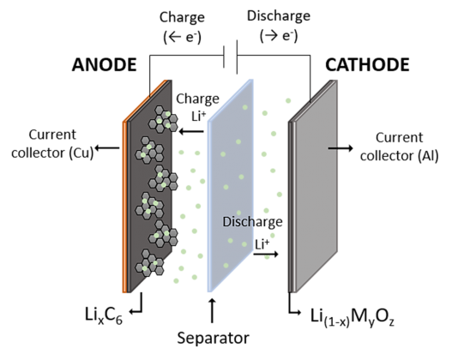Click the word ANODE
tap(104, 65)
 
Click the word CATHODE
tap(367, 65)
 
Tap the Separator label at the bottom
tap(213, 338)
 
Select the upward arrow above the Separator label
tap(212, 311)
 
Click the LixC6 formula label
tap(104, 315)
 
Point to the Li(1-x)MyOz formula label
tap(353, 317)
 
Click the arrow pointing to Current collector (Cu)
tap(107, 148)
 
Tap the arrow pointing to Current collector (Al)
tap(341, 148)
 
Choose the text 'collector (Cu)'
tap(52, 153)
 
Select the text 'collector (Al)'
tap(399, 156)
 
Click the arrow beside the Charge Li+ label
tap(191, 132)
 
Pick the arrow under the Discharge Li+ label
tap(266, 254)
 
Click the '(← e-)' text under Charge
tap(182, 37)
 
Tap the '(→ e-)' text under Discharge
tap(279, 36)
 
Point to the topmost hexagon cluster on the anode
tap(163, 119)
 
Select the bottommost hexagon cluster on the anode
tap(149, 263)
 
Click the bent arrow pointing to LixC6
tap(136, 307)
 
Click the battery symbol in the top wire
tap(231, 57)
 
